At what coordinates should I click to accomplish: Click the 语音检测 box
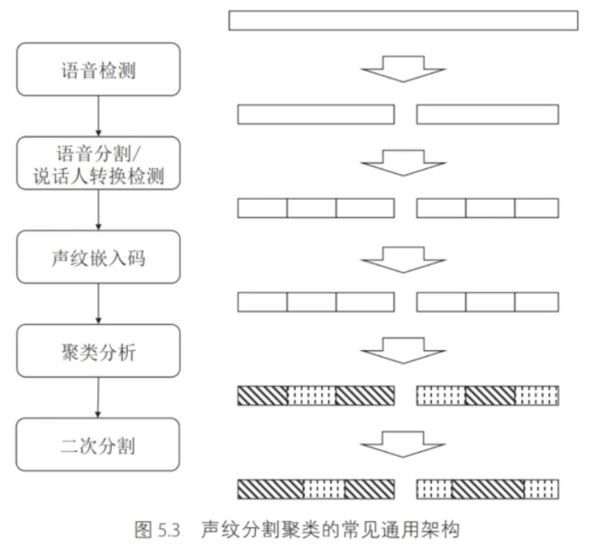[98, 69]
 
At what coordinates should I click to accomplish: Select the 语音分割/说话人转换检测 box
[98, 163]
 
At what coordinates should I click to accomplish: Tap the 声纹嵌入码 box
[98, 257]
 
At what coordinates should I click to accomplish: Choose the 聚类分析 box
[98, 351]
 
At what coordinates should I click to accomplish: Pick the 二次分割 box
[98, 444]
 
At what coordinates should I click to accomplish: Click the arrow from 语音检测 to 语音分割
[98, 116]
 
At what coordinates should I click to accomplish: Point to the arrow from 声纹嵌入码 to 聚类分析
[98, 304]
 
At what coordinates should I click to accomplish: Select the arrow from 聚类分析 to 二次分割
[98, 397]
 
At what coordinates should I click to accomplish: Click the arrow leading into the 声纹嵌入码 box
[98, 210]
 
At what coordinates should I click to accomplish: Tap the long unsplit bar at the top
[403, 20]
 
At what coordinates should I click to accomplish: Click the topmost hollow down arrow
[403, 69]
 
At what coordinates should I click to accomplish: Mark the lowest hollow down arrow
[403, 444]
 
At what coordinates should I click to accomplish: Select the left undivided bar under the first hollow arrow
[316, 114]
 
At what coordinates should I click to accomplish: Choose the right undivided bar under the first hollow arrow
[488, 114]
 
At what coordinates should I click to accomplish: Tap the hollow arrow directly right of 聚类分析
[403, 351]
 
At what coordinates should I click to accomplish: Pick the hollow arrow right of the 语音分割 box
[403, 163]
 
